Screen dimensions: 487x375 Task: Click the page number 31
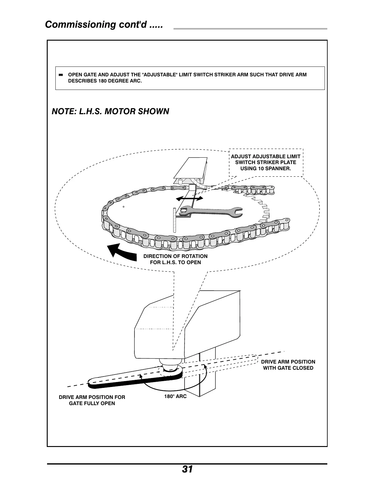pos(187,469)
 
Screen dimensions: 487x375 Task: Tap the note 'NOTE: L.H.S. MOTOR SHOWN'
pos(110,111)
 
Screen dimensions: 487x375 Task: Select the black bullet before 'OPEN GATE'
pos(61,75)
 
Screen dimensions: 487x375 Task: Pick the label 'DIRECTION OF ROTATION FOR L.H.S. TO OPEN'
pos(175,259)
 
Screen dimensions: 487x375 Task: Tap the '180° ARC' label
pos(176,396)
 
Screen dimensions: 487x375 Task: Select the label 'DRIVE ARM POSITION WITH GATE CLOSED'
pos(288,365)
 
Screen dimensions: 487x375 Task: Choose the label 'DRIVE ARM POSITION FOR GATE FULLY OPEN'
pos(92,400)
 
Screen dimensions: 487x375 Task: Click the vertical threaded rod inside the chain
pos(174,220)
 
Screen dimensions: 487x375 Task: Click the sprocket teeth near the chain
pos(261,205)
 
